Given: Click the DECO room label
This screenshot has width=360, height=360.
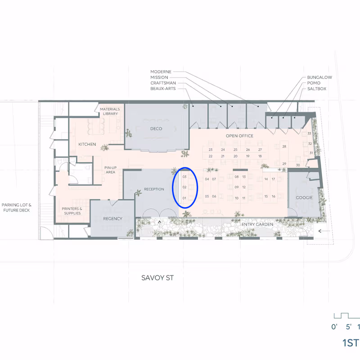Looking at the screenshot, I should point(156,129).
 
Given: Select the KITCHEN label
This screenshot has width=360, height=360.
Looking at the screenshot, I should point(87,144).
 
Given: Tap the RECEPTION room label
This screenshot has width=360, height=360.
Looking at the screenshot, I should point(154,189).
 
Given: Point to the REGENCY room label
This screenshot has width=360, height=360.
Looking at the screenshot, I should point(112,219).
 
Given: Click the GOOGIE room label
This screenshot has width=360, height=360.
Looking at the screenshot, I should point(304,198).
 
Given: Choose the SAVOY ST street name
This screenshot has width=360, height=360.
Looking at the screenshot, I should point(157,278).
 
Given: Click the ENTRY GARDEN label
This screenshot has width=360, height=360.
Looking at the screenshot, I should point(258,224).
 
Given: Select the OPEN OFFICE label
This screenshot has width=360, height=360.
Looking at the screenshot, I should point(239,136).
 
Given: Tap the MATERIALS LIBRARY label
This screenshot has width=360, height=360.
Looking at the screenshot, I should point(109,111).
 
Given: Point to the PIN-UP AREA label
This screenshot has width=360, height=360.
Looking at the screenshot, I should point(111,170).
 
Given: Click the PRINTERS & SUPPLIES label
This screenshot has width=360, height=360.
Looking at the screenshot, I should point(72,211).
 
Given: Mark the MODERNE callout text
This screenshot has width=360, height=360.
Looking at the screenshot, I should point(161,72).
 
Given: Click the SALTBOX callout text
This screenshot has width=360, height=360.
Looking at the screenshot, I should point(317,89).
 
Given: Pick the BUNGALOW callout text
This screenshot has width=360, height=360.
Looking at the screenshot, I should point(319,77).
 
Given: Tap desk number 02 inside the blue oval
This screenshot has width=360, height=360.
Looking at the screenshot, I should point(184,187).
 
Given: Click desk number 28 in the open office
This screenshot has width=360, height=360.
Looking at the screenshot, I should point(284,146).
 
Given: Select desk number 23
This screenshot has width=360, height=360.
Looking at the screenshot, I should point(211,149).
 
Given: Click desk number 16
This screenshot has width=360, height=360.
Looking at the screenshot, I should point(273,196).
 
